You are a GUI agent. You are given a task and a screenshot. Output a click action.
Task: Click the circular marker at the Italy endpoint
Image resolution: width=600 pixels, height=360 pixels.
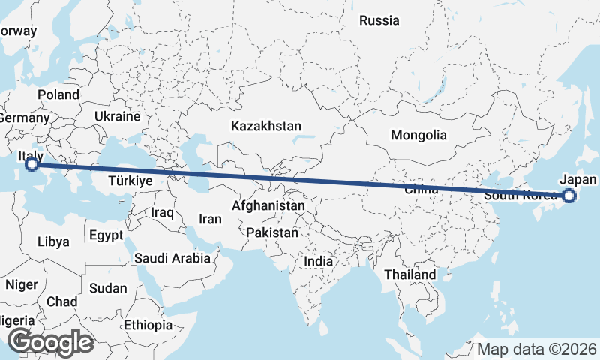click(32, 163)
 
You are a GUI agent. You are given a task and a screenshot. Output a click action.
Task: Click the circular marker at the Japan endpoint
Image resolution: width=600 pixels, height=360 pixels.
click(568, 196)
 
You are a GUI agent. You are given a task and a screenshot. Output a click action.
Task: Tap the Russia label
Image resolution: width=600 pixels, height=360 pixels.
click(379, 21)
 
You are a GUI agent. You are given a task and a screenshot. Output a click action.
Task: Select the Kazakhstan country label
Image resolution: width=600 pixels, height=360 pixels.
click(266, 126)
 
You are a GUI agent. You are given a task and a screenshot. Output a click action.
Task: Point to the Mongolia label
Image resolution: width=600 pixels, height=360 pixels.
click(418, 136)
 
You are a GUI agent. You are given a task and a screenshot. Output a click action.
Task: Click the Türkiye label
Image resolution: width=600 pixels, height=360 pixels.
click(130, 181)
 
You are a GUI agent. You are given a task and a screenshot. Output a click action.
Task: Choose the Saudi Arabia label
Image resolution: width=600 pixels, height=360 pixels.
click(172, 258)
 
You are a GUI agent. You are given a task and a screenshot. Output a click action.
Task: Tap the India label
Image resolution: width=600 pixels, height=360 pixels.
click(319, 262)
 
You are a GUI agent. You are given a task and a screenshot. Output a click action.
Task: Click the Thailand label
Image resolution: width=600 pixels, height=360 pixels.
click(410, 275)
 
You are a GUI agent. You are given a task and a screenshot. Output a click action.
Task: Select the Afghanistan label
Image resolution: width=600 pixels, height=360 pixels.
click(268, 205)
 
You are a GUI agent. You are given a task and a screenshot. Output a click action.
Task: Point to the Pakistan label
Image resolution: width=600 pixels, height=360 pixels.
click(271, 233)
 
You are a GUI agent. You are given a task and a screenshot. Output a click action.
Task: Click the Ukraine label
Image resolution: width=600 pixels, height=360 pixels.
click(118, 117)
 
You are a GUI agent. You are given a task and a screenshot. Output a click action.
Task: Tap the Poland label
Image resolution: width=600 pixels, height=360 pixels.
click(58, 95)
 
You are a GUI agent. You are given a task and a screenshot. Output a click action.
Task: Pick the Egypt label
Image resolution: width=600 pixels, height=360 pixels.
click(105, 235)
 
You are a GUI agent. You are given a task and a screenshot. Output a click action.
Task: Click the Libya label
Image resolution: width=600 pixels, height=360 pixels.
click(53, 242)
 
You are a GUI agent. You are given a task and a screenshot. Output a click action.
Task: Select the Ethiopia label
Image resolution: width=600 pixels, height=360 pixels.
click(148, 325)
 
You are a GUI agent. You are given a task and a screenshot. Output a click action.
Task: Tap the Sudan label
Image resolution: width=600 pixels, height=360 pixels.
click(108, 288)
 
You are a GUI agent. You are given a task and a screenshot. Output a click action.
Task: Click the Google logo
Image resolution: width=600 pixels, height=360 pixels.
click(50, 342)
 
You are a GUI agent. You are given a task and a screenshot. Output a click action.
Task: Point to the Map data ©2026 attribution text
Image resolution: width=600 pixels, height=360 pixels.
click(537, 349)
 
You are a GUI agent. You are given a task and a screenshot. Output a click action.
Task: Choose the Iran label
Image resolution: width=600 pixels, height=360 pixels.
click(210, 220)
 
